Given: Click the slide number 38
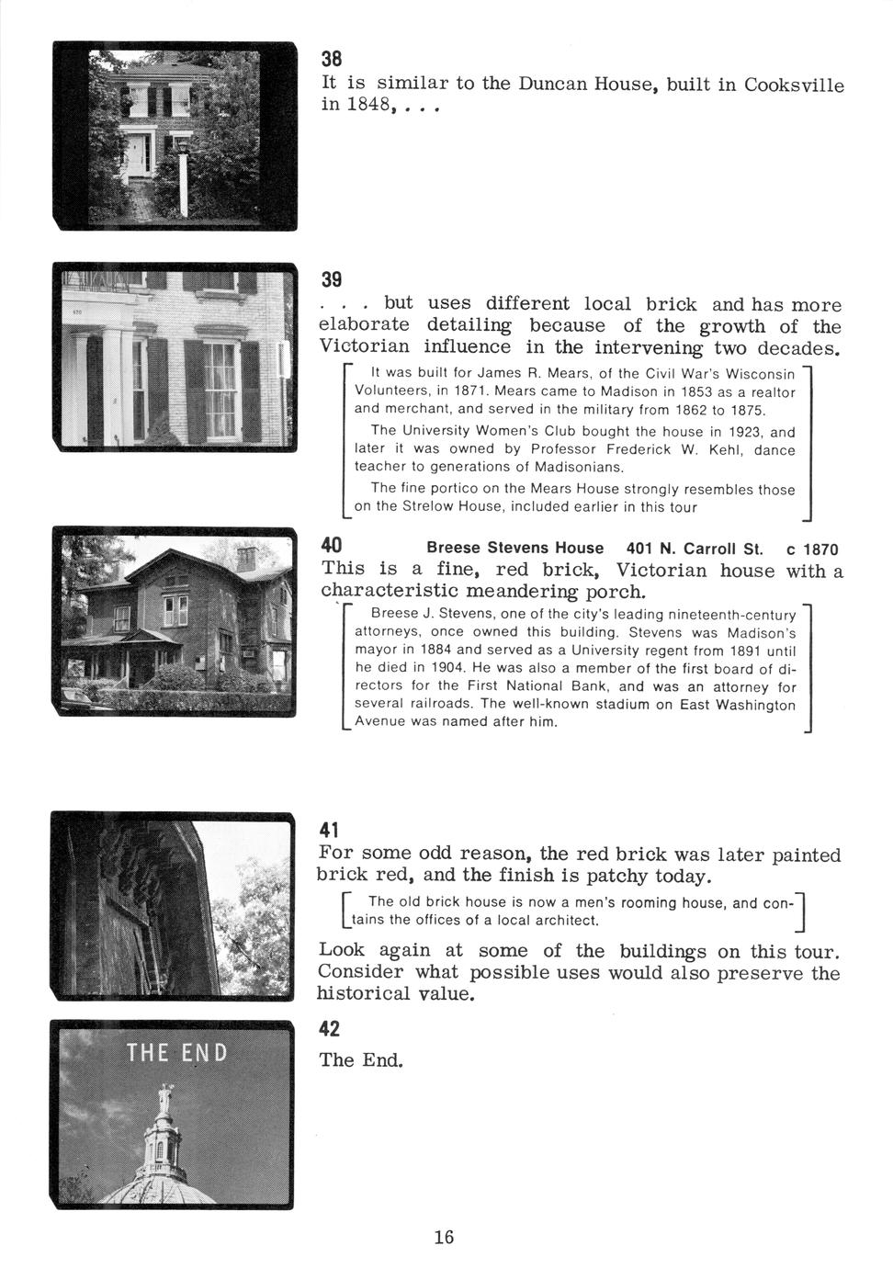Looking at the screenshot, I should pyautogui.click(x=331, y=58).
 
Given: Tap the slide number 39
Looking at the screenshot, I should pyautogui.click(x=331, y=279).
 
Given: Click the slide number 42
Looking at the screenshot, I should pyautogui.click(x=331, y=1027).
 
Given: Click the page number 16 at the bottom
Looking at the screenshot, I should pyautogui.click(x=444, y=1236).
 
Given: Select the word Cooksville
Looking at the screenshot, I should pyautogui.click(x=794, y=85).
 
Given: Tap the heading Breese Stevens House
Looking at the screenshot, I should pyautogui.click(x=515, y=549).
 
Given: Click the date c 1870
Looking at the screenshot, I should pyautogui.click(x=813, y=549).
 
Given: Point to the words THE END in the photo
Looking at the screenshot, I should pyautogui.click(x=177, y=1051).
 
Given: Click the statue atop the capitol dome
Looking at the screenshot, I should pyautogui.click(x=165, y=1099).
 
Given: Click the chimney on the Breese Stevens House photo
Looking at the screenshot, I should pyautogui.click(x=246, y=559).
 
